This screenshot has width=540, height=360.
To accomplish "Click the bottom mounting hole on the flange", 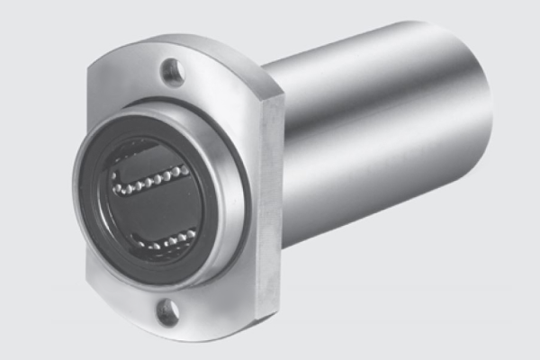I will tap(167, 311).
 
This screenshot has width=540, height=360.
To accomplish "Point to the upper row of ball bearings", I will tap(151, 179).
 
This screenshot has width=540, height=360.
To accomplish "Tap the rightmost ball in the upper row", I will tap(186, 167).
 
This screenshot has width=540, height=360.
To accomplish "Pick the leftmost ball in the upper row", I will tap(116, 190).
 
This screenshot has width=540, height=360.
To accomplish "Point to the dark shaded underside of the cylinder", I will tap(378, 207).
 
